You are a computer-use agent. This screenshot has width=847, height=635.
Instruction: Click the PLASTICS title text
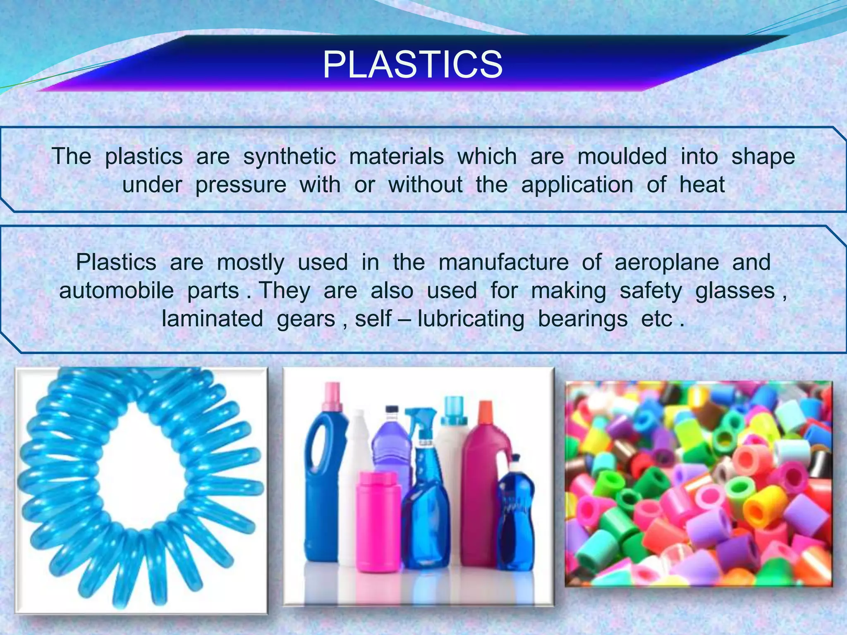click(x=413, y=65)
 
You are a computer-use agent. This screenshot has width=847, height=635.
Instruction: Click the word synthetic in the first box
click(x=290, y=157)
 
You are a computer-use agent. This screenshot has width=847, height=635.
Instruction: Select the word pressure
click(x=241, y=185)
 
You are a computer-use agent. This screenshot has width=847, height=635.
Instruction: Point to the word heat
click(x=702, y=185)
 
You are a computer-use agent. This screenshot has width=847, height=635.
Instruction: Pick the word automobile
click(x=116, y=291)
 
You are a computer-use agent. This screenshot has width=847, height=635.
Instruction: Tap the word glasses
click(x=735, y=291)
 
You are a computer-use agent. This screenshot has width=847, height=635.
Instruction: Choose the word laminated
click(x=212, y=319)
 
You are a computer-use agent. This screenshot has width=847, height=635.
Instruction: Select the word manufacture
click(x=503, y=263)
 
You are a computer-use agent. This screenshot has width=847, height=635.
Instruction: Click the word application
click(x=577, y=185)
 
